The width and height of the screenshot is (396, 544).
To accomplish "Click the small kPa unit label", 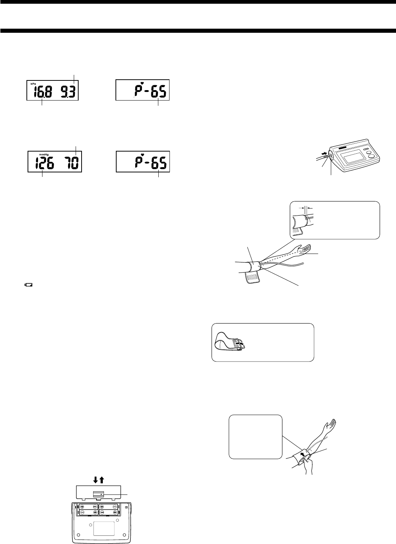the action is pos(33,84).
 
